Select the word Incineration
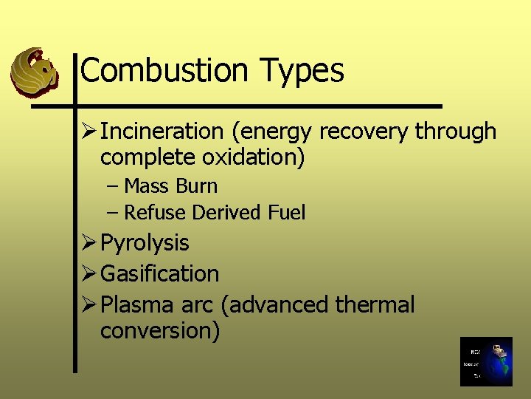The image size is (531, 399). [x=162, y=132]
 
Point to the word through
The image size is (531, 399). [x=456, y=132]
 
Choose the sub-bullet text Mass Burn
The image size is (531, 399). [x=170, y=186]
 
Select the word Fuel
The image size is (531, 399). [x=287, y=213]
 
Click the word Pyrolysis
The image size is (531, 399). [x=145, y=243]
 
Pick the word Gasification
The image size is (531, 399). [x=159, y=273]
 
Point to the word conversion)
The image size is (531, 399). [x=160, y=330]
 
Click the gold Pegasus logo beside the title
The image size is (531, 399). [x=35, y=72]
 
